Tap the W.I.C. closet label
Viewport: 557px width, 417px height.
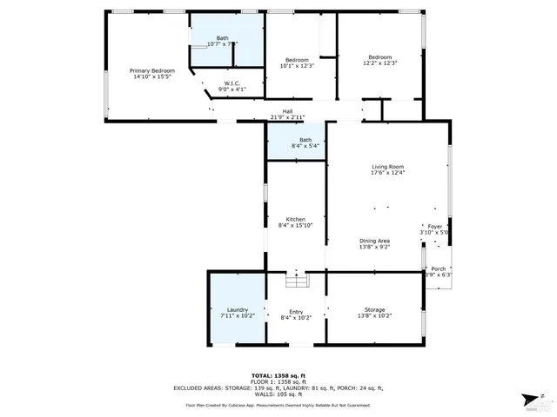tap(225, 83)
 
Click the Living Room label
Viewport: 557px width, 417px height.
tap(388, 167)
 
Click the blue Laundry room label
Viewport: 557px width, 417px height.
tap(238, 309)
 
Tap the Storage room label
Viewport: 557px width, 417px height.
tap(374, 309)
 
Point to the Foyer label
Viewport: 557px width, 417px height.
tap(435, 226)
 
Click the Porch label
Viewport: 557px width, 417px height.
tap(439, 268)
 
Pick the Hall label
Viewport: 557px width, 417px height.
tap(287, 110)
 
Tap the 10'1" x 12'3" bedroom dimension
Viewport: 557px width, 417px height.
tap(297, 66)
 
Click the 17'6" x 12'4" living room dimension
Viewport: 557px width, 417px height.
tap(388, 173)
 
